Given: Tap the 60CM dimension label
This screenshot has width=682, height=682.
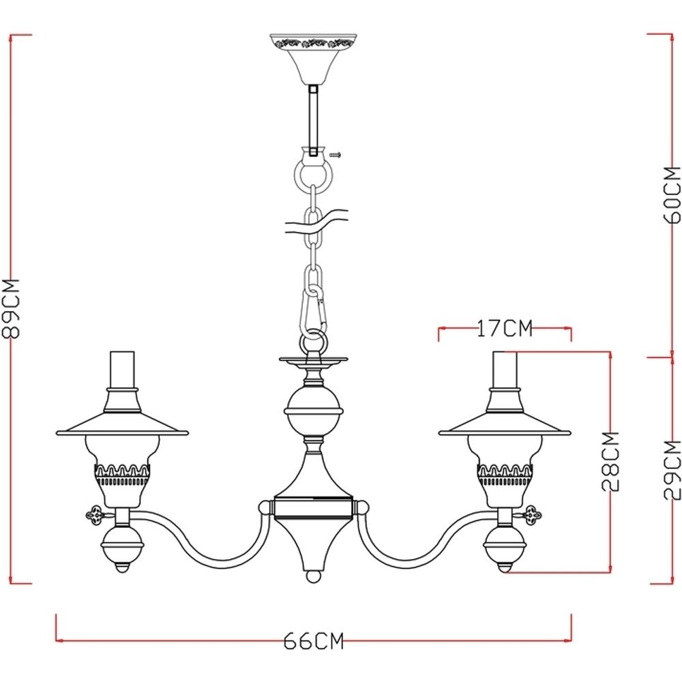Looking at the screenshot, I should tap(672, 194).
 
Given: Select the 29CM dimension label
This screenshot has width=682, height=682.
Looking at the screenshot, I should tap(672, 471).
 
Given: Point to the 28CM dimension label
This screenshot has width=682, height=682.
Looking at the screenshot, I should tap(611, 462).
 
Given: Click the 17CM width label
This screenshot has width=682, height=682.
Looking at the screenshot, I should tap(503, 329).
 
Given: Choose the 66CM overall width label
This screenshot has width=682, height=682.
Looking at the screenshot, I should tap(313, 641).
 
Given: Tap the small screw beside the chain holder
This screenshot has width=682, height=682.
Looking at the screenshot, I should tap(335, 155).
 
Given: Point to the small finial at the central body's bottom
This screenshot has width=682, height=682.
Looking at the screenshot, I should tap(313, 576).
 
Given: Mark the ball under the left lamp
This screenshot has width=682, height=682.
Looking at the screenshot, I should tap(123, 546).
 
